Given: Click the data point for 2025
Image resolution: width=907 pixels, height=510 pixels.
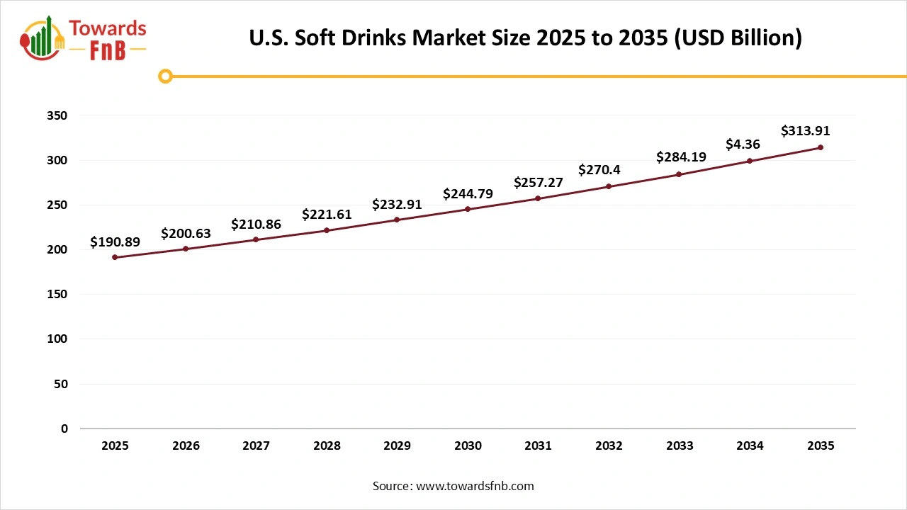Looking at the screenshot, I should [115, 257].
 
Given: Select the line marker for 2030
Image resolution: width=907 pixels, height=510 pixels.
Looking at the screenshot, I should [468, 209].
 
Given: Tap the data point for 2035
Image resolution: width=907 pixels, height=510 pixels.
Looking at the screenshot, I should [821, 147].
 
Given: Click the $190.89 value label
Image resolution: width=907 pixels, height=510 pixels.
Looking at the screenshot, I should [115, 242].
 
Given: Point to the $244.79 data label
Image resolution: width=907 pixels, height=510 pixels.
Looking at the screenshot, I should [468, 193].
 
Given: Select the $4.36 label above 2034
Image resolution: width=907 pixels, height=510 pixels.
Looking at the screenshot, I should [743, 144].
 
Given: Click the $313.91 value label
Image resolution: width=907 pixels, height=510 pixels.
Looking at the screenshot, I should [805, 131].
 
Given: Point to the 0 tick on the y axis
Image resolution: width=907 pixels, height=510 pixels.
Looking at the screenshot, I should [64, 429].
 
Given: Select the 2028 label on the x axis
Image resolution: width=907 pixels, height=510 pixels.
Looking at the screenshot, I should [327, 446].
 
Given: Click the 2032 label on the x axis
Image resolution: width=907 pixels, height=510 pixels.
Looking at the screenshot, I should [609, 446].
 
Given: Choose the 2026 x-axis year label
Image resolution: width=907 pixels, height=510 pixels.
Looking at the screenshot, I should [186, 446].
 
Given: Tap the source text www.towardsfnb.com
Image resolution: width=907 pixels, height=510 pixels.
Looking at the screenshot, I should [475, 486].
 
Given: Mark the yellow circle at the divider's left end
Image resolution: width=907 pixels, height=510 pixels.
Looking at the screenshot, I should [165, 76].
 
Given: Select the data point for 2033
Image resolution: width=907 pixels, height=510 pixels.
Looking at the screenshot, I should [679, 174].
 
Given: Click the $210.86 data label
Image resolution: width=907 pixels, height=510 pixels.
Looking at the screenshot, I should [256, 225].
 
